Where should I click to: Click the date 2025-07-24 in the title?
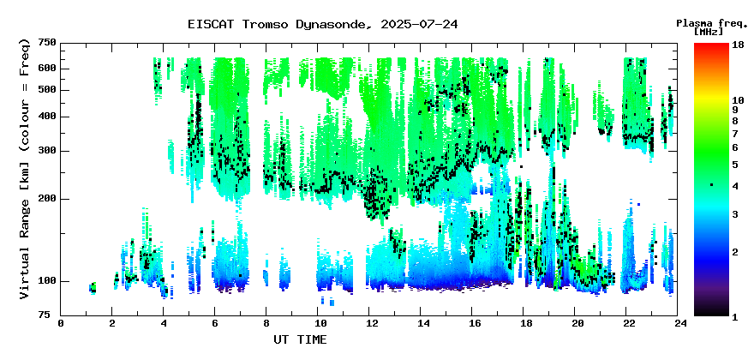pyautogui.click(x=419, y=24)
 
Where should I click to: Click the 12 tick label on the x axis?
pyautogui.click(x=368, y=324)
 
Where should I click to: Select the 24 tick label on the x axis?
pyautogui.click(x=678, y=324)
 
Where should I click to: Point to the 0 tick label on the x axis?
pyautogui.click(x=61, y=324)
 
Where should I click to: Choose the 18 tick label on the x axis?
pyautogui.click(x=524, y=324)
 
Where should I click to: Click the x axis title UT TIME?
pyautogui.click(x=300, y=339)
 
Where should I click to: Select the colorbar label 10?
pyautogui.click(x=739, y=100)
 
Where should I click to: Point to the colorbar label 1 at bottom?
pyautogui.click(x=735, y=316)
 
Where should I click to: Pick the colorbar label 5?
pyautogui.click(x=735, y=165)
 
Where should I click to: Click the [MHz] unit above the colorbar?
pyautogui.click(x=709, y=33)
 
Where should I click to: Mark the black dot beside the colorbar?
pyautogui.click(x=711, y=185)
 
